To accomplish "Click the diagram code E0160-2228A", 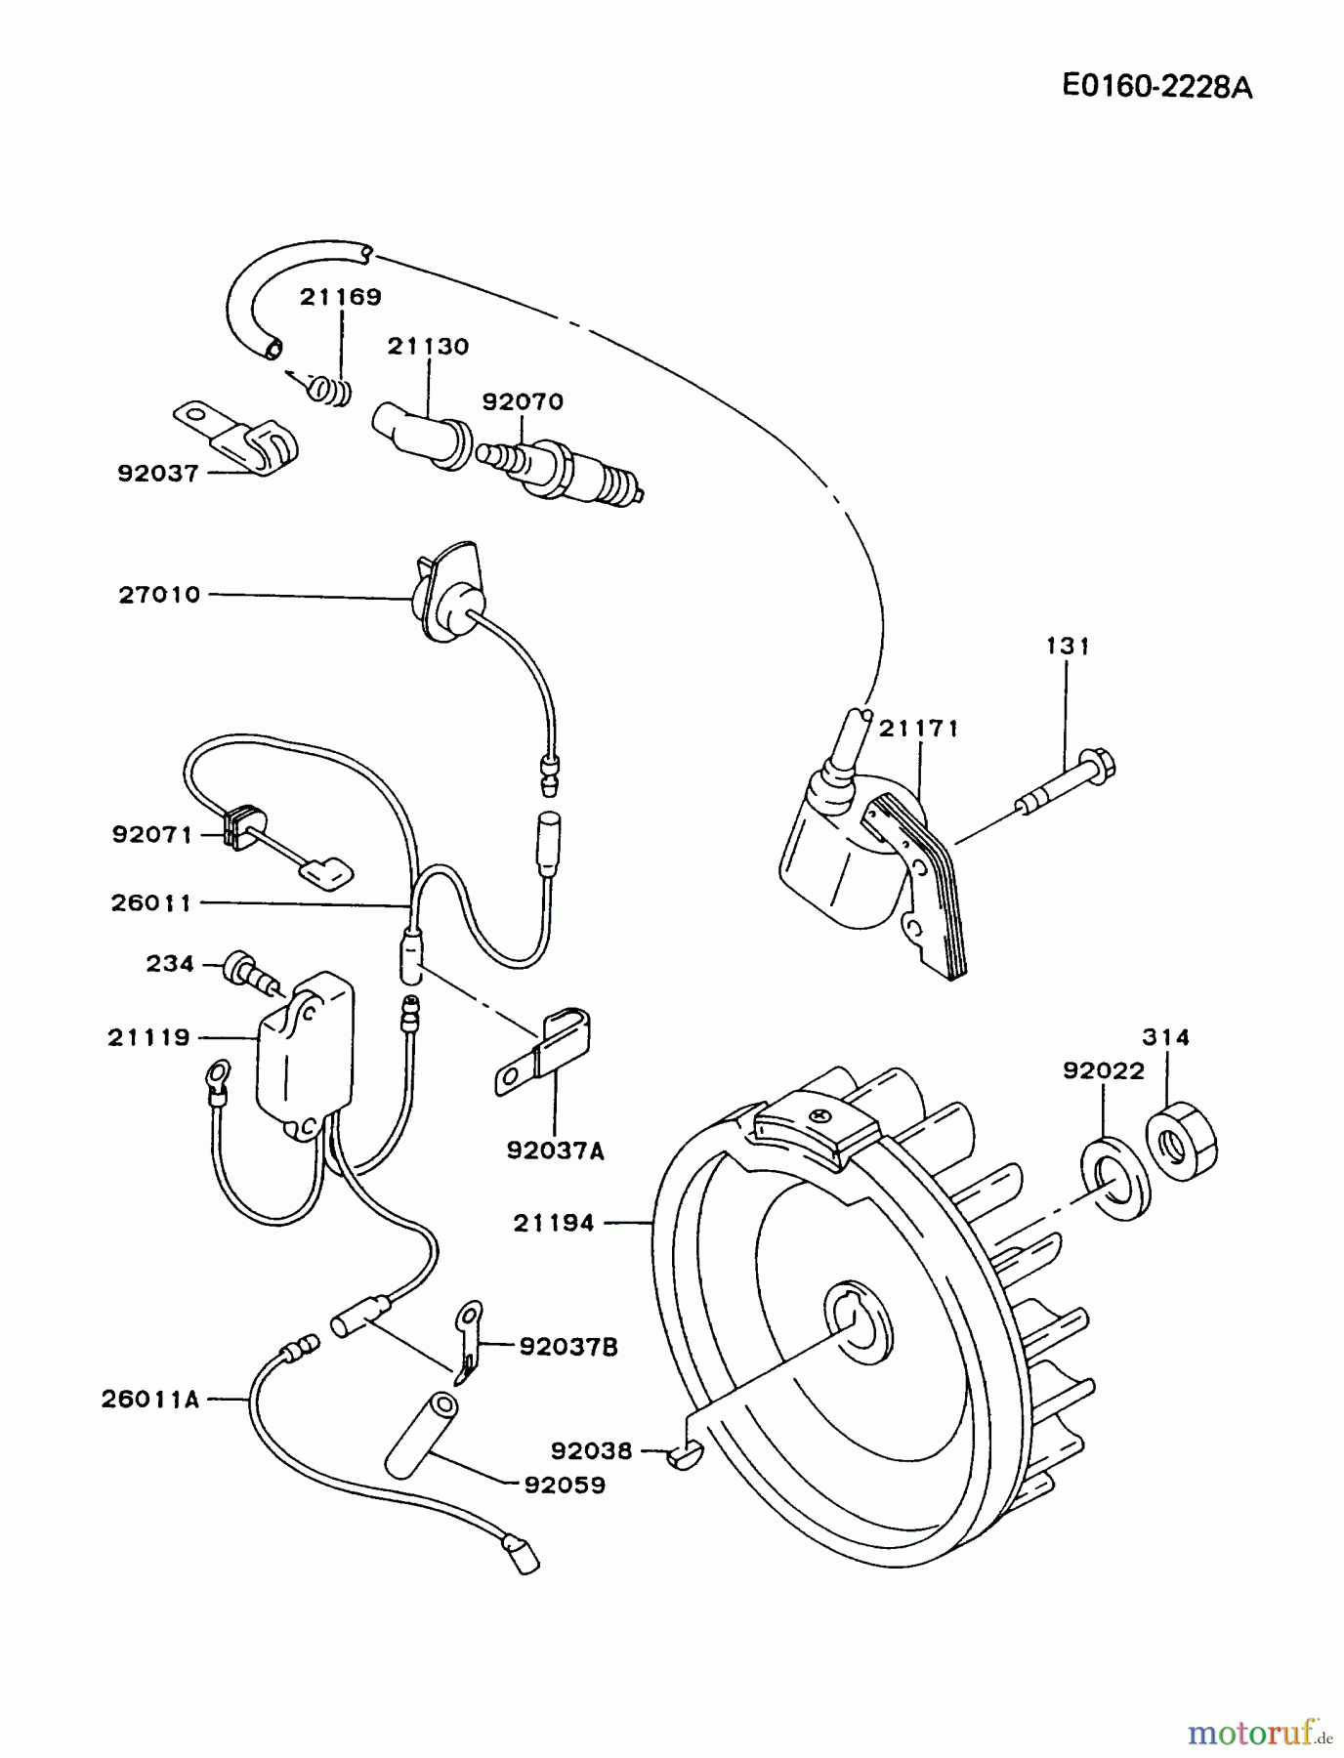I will (1156, 87).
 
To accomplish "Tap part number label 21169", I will (340, 297).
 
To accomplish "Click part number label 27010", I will (159, 594).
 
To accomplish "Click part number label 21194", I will (554, 1222).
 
